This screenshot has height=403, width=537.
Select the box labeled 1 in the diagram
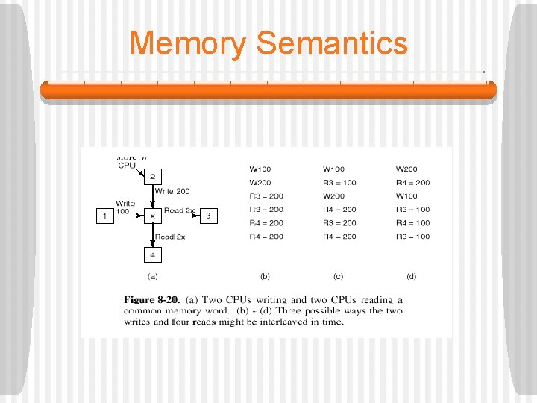(x=104, y=216)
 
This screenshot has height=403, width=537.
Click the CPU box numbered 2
(x=152, y=177)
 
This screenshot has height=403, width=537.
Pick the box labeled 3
(x=208, y=216)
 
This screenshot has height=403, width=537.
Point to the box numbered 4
(x=152, y=255)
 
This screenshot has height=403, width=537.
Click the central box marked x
(x=152, y=216)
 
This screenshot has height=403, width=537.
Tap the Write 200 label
(x=172, y=192)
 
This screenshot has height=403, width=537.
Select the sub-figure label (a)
(x=152, y=276)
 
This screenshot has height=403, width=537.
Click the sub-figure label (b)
(x=265, y=276)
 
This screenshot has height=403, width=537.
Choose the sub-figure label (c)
(x=338, y=276)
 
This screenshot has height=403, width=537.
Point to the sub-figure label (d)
(x=411, y=276)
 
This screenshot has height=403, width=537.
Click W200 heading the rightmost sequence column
(x=406, y=169)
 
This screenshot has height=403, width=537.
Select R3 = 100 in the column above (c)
(x=339, y=183)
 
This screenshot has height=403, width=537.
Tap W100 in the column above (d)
(x=406, y=196)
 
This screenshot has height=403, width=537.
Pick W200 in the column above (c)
(x=333, y=196)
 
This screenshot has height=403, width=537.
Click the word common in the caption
(x=144, y=310)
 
